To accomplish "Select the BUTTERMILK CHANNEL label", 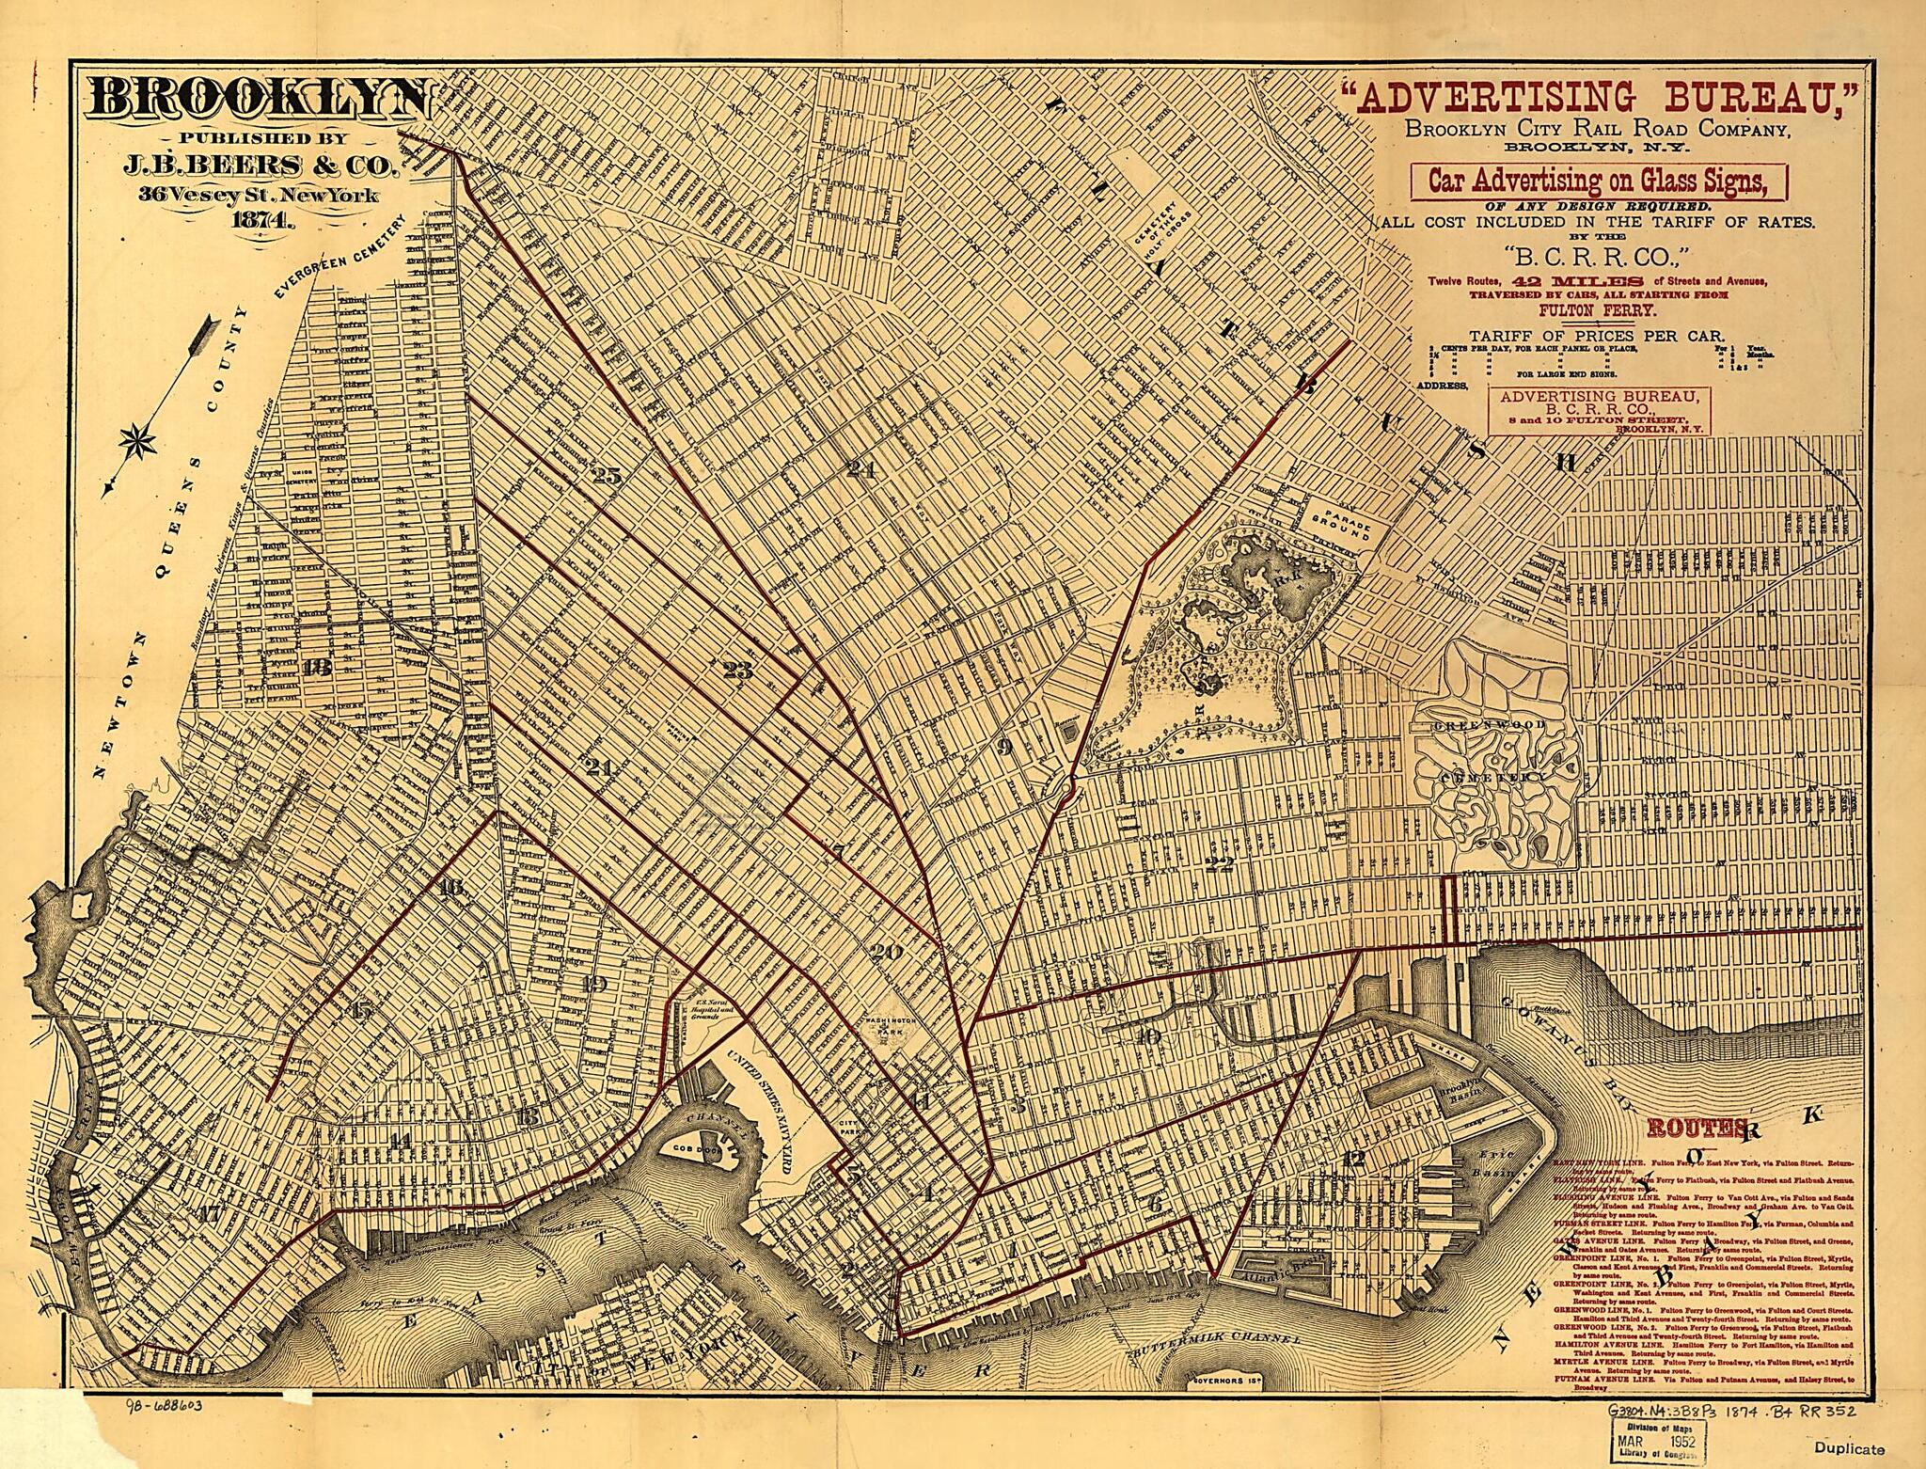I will tap(1218, 1365).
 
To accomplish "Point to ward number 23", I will tap(738, 671).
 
